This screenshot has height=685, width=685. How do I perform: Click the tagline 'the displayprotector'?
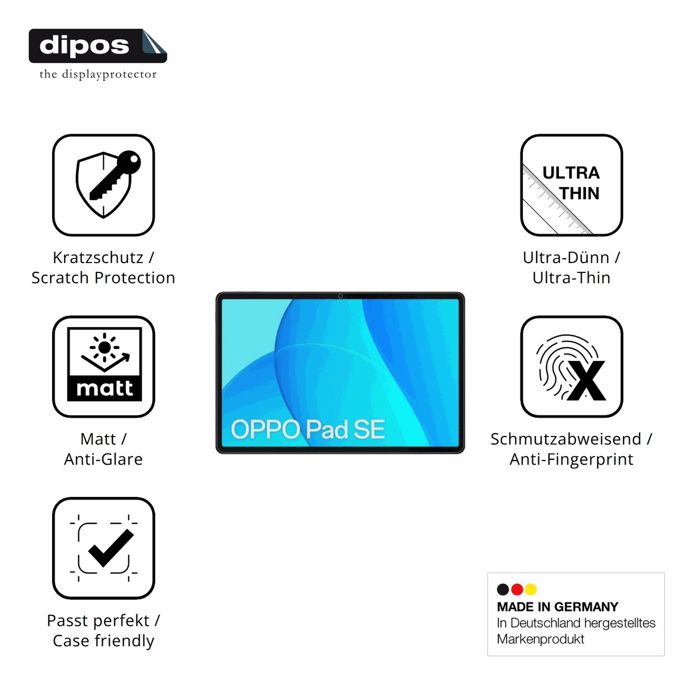(98, 74)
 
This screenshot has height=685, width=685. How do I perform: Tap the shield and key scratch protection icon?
(103, 185)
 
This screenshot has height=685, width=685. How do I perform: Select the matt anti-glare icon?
(103, 366)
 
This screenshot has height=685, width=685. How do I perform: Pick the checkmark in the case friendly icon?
(111, 548)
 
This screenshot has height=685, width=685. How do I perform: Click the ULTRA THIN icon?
(572, 185)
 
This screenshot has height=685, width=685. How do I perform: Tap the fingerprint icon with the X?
(572, 366)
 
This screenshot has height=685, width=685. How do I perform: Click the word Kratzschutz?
(98, 258)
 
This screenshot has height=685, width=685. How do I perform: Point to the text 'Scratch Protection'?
(103, 278)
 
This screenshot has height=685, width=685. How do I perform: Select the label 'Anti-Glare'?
(103, 459)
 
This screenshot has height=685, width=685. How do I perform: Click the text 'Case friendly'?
(103, 641)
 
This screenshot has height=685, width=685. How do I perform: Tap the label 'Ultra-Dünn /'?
(572, 258)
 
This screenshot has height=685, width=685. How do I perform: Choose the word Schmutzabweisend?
(566, 439)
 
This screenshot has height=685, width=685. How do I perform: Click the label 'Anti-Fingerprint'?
(572, 460)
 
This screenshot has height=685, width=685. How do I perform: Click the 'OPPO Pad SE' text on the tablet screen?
(308, 429)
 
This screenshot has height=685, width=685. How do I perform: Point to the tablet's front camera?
(340, 296)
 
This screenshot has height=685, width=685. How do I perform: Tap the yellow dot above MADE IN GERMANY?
(531, 589)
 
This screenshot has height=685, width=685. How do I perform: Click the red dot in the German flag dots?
(517, 589)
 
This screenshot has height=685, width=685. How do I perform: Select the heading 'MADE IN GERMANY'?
(558, 607)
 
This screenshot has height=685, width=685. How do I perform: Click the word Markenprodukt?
(540, 639)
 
